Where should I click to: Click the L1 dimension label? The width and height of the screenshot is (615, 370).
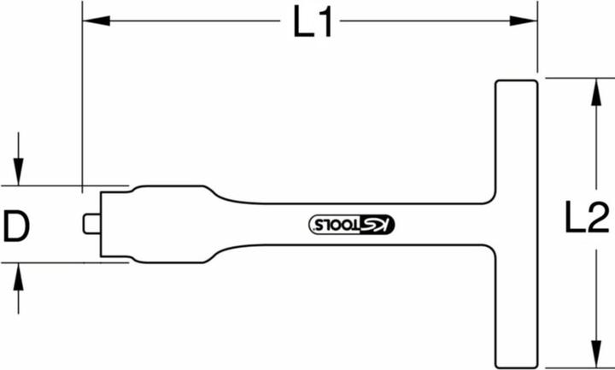(312, 25)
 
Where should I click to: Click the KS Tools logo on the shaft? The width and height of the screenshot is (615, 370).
(351, 224)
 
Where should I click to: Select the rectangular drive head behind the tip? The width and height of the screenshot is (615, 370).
(114, 223)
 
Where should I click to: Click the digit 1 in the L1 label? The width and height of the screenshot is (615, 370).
(325, 25)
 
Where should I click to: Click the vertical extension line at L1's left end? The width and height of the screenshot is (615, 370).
(82, 103)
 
